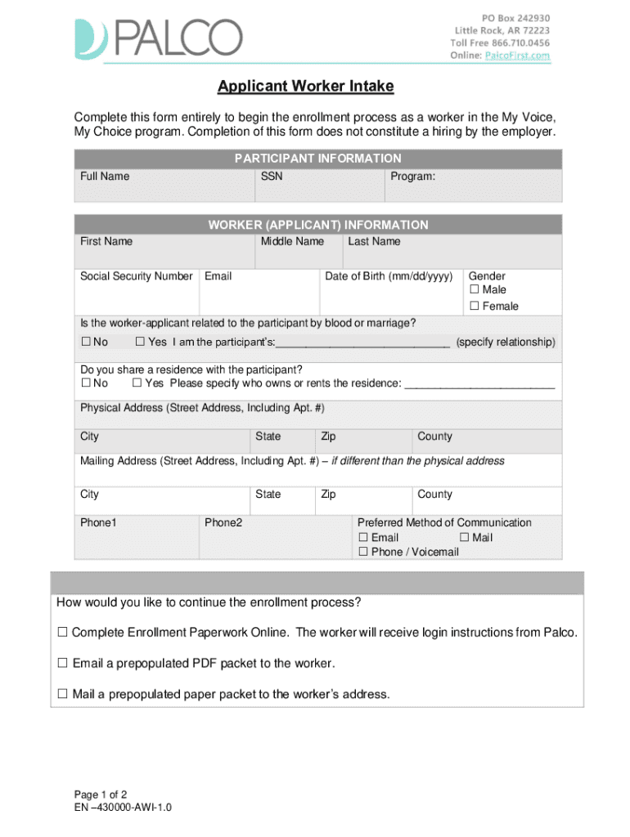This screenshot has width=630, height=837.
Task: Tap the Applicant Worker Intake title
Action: tap(305, 86)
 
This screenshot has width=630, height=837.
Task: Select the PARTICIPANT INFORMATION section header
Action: tap(317, 159)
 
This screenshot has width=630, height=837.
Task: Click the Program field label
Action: tap(412, 177)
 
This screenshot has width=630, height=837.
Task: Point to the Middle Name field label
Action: tap(292, 241)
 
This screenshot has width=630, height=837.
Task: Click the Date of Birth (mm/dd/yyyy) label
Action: tap(389, 276)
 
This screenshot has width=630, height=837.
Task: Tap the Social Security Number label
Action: tap(137, 276)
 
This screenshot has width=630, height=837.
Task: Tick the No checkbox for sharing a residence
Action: tap(85, 383)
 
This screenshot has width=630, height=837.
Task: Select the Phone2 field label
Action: tap(223, 522)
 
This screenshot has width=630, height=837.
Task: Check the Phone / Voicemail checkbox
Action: tap(364, 553)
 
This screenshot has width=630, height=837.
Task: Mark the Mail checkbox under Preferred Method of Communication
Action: tap(465, 538)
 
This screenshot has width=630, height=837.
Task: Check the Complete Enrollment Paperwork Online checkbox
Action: tap(62, 633)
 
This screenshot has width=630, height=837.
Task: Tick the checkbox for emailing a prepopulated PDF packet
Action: tap(62, 664)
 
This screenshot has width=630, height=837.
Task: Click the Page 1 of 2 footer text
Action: tap(101, 794)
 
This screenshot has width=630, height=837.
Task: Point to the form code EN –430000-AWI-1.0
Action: tap(123, 808)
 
